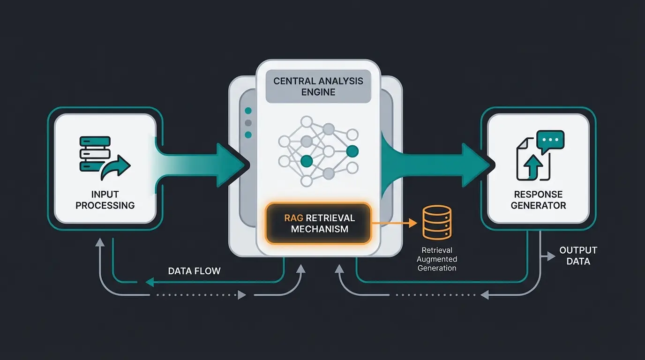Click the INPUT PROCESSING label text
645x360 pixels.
(105, 200)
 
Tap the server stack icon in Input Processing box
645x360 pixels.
(95, 153)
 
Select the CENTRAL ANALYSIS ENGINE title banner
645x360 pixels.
(318, 86)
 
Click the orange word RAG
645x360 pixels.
(294, 218)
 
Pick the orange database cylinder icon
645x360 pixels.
(437, 222)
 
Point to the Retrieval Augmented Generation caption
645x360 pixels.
(436, 259)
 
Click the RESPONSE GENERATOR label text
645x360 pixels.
(538, 200)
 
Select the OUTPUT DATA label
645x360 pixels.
(578, 256)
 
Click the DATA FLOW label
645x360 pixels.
(194, 271)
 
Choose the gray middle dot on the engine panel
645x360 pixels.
(248, 123)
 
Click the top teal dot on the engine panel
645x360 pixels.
(248, 111)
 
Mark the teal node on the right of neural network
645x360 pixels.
(352, 151)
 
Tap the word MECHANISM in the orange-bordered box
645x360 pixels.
(319, 229)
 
